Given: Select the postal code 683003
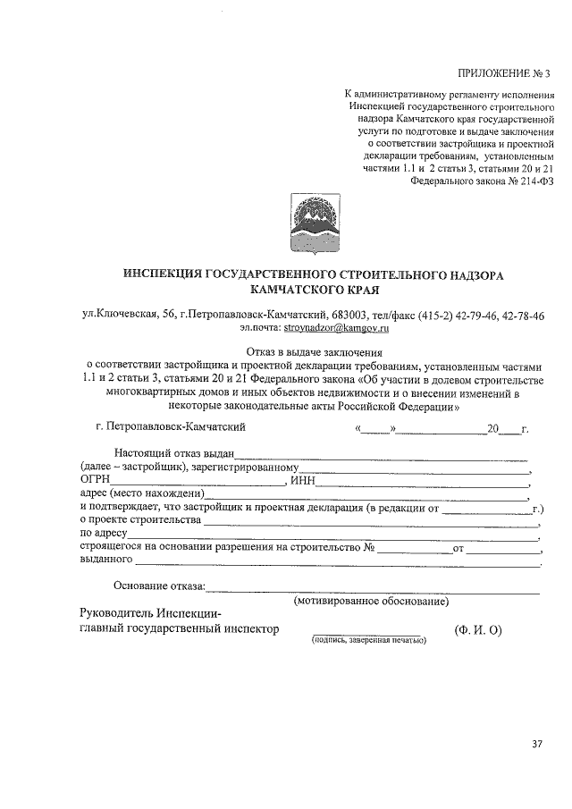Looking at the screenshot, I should (327, 315).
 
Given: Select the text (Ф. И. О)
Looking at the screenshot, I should (478, 629).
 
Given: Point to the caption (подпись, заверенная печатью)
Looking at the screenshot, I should (369, 640).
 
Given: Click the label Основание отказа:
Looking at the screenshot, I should (160, 586).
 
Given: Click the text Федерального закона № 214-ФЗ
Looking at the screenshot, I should (483, 179).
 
